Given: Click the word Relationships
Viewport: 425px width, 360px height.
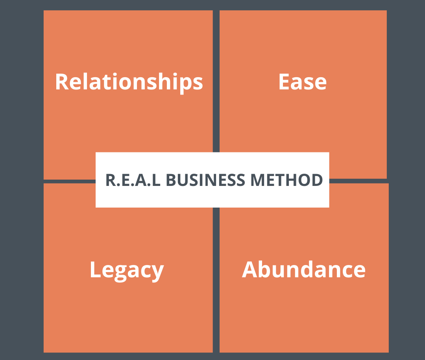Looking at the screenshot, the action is pos(129,82).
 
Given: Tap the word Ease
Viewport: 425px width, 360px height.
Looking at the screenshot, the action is pos(302,82).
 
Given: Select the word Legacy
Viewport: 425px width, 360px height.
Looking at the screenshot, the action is pos(126,270).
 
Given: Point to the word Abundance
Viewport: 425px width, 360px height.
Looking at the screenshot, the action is pos(303,270).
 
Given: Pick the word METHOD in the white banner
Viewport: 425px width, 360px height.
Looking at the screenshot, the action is pos(286,180).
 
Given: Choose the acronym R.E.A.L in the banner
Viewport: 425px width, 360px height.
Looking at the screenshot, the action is pos(133,180).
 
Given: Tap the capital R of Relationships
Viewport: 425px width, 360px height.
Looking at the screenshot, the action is pos(62,82).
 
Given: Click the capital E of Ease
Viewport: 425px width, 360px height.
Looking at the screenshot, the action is pos(285,82).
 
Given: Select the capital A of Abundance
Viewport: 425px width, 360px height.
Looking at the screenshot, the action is pos(250,270).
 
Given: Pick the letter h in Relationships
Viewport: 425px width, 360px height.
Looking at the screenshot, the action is pos(165,82).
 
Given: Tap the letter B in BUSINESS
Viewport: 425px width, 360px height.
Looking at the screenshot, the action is pos(170,180).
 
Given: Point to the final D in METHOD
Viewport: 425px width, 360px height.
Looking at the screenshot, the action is pos(317,180).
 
